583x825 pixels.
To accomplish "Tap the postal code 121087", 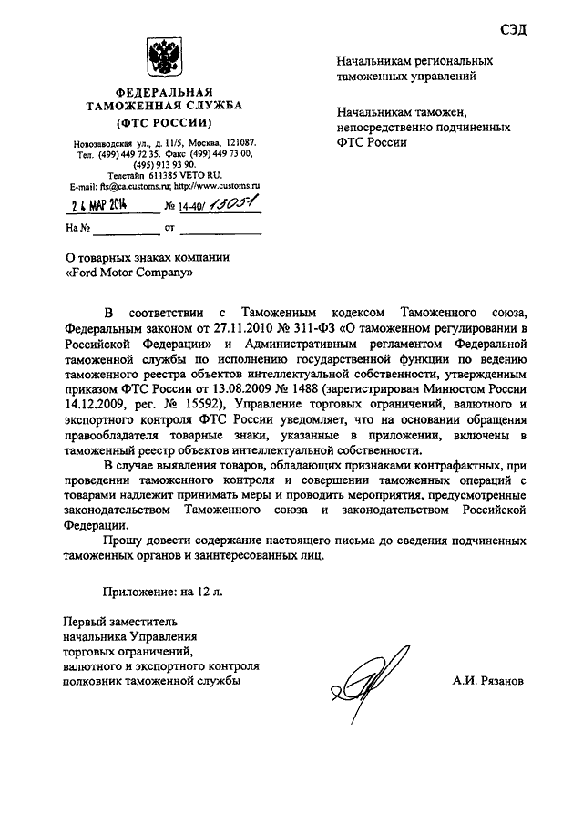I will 238,143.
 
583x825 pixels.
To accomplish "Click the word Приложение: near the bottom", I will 138,591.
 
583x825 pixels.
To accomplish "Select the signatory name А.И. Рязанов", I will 487,681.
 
